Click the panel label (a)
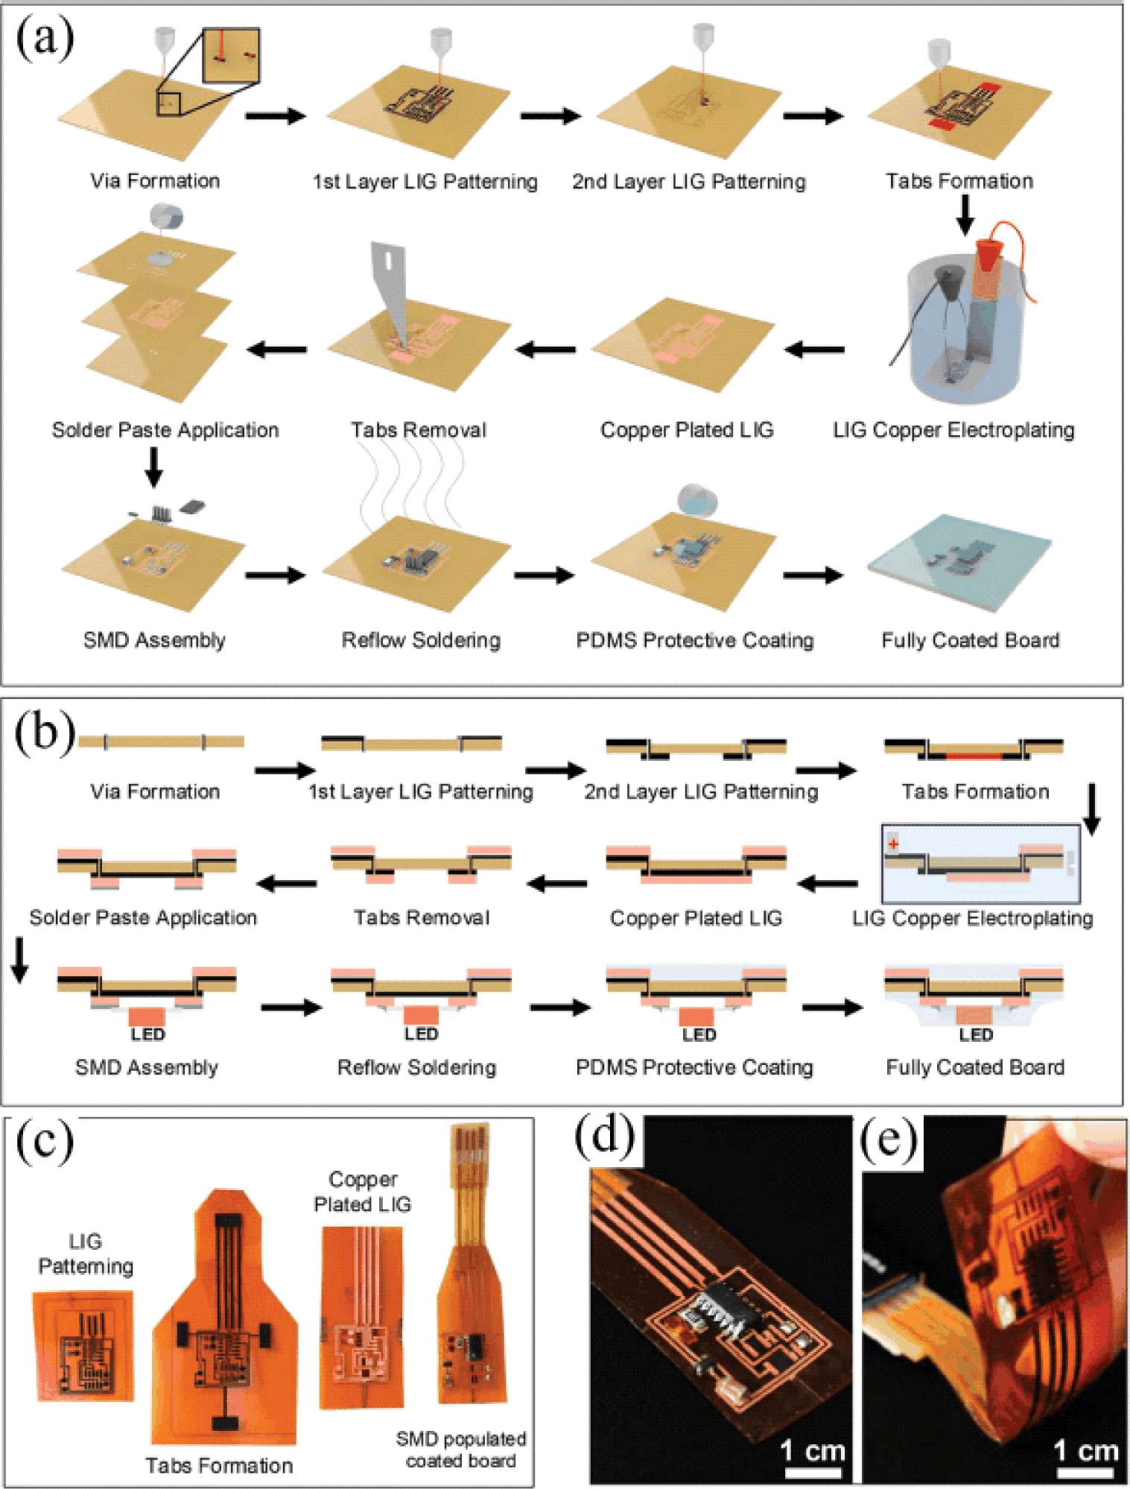click(x=45, y=39)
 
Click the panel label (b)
click(x=45, y=733)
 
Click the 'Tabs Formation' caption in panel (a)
click(x=959, y=181)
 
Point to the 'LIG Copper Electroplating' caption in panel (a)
click(x=953, y=430)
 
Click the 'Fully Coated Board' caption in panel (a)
click(x=970, y=640)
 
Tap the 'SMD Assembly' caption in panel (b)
click(x=147, y=1068)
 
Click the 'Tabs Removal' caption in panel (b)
click(x=422, y=917)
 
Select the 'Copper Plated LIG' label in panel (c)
click(x=363, y=1192)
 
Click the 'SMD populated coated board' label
click(x=461, y=1450)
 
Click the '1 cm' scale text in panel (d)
click(x=813, y=1450)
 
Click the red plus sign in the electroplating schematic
click(x=893, y=844)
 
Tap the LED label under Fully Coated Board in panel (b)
click(x=976, y=1035)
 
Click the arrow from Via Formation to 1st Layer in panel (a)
click(x=276, y=116)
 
